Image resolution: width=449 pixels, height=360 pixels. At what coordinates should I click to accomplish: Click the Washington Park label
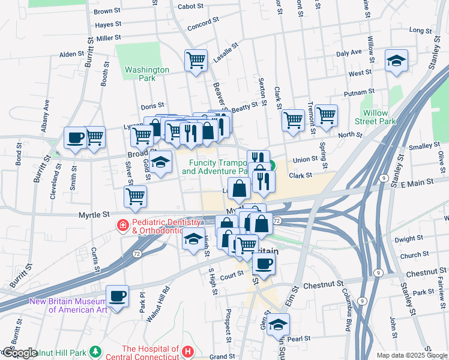pyautogui.click(x=147, y=74)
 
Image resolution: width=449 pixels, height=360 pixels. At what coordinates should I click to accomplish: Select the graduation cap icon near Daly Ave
pyautogui.click(x=396, y=61)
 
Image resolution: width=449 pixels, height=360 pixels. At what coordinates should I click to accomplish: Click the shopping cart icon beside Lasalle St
pyautogui.click(x=196, y=61)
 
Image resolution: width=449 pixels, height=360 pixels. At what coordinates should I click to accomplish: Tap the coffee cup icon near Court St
pyautogui.click(x=263, y=263)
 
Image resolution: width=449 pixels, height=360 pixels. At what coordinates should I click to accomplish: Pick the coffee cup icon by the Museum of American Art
pyautogui.click(x=117, y=296)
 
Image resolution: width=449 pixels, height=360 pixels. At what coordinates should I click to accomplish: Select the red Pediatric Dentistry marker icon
pyautogui.click(x=122, y=226)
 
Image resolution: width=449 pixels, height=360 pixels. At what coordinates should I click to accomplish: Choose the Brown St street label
pyautogui.click(x=107, y=11)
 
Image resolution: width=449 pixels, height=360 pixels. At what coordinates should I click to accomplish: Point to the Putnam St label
pyautogui.click(x=359, y=93)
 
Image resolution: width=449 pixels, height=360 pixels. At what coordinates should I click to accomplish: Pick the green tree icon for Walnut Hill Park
pyautogui.click(x=94, y=350)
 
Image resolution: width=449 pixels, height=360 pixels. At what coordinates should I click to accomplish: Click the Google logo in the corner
pyautogui.click(x=19, y=353)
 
